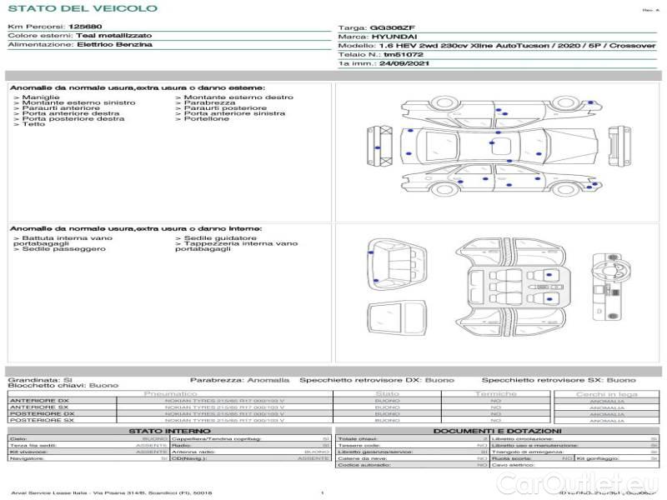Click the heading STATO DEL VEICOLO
coord(83,9)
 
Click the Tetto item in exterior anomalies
coord(33,124)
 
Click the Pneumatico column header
coord(171,393)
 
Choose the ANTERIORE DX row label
coord(39,401)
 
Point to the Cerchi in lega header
coord(606,393)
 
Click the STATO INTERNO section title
coord(163,430)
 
